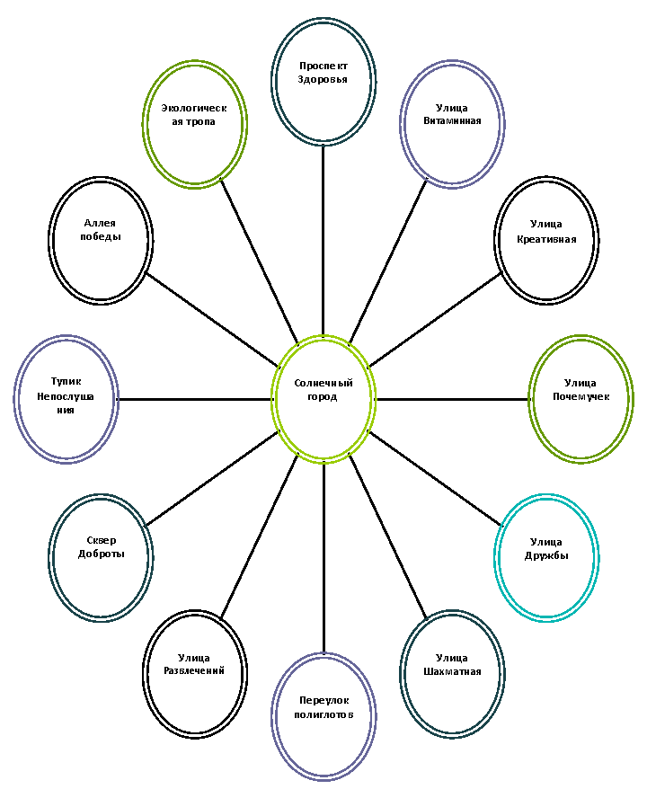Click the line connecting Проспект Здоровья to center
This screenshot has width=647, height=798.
coord(323,240)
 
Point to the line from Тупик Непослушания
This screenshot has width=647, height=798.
coord(195,400)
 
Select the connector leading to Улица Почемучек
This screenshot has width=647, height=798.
coord(453,400)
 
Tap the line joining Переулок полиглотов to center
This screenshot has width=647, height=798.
coord(323,558)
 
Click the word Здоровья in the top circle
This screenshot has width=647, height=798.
coord(323,80)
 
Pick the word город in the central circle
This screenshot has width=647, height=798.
coord(323,397)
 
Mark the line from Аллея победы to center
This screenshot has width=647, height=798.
coord(213,320)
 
